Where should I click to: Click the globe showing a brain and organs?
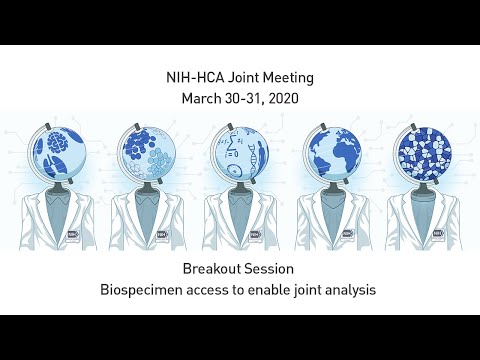59,150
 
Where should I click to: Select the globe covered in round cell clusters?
151,150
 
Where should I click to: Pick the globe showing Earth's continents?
329,150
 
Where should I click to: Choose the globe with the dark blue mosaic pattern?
421,150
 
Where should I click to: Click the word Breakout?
212,269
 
